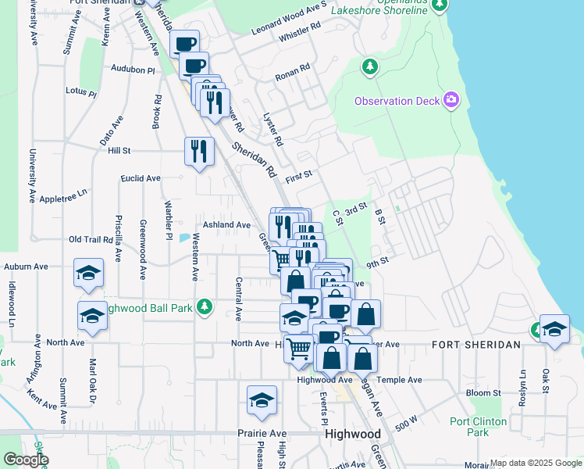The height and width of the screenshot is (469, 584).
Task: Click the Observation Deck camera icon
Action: [x=450, y=99]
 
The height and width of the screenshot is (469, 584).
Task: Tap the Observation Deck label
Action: [x=397, y=101]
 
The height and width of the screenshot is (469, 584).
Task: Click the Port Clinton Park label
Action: [x=478, y=427]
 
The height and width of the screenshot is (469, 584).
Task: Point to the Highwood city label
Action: [x=353, y=434]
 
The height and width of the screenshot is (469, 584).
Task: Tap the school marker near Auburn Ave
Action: [x=88, y=273]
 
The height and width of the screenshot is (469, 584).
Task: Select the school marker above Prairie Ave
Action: [x=262, y=401]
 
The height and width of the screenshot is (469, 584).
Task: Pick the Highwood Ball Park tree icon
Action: [x=205, y=306]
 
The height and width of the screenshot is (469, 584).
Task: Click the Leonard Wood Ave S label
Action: [x=288, y=18]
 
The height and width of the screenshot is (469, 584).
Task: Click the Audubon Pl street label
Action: [x=134, y=69]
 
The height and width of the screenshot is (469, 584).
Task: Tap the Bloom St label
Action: [x=483, y=392]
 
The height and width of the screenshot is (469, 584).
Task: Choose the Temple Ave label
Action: [x=399, y=380]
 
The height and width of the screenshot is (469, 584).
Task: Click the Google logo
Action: [x=26, y=460]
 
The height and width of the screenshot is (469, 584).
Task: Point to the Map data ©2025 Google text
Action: [x=535, y=463]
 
